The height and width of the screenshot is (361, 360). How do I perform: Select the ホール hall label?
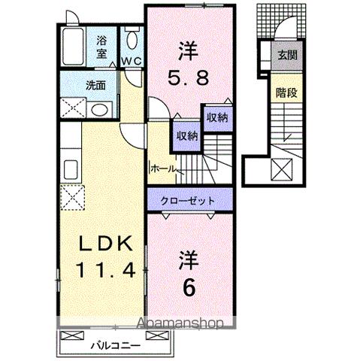tap(163, 169)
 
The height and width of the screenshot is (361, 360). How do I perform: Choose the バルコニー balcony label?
tap(112, 346)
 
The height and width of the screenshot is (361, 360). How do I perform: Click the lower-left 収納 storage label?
tap(187, 135)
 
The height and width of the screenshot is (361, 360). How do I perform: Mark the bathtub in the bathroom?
tap(73, 47)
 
